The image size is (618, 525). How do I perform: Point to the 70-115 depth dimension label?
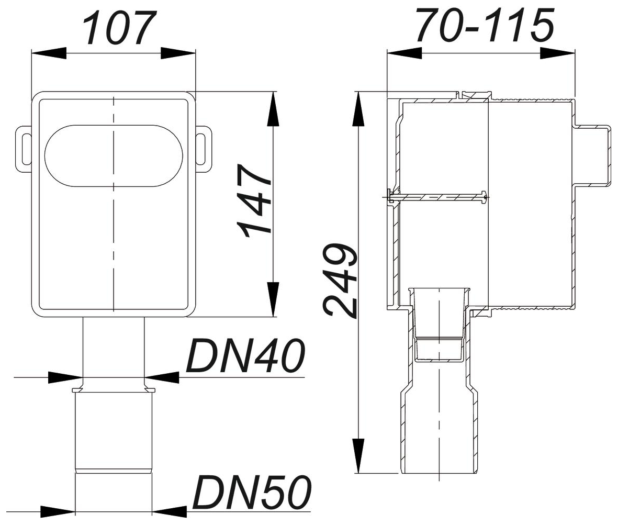point(486,26)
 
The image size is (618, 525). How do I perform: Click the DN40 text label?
point(245,356)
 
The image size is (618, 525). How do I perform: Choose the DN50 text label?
point(252,493)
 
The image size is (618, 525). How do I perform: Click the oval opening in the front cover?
point(114,155)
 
